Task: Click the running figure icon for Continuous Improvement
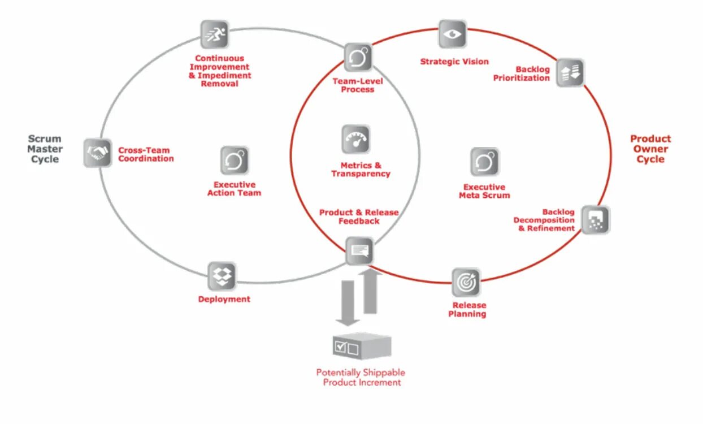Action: [x=215, y=34]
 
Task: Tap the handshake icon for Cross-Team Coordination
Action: [x=98, y=153]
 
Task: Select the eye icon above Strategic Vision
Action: [x=453, y=34]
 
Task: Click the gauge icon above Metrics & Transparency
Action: [x=355, y=140]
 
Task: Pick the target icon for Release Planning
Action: [x=466, y=282]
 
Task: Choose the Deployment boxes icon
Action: [x=222, y=276]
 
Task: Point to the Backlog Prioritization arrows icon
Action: [x=570, y=72]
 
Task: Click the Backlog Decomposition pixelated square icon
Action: [x=596, y=219]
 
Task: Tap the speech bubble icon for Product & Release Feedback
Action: [x=359, y=250]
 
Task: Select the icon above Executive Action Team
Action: [x=234, y=161]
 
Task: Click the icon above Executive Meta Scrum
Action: [x=485, y=162]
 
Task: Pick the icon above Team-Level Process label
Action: [x=358, y=57]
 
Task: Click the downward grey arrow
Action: [x=348, y=303]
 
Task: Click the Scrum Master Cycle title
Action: [x=45, y=149]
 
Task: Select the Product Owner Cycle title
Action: [x=650, y=149]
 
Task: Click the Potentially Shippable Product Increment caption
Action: [x=361, y=377]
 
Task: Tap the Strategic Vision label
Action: [x=454, y=62]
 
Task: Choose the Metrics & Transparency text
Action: [x=361, y=170]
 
